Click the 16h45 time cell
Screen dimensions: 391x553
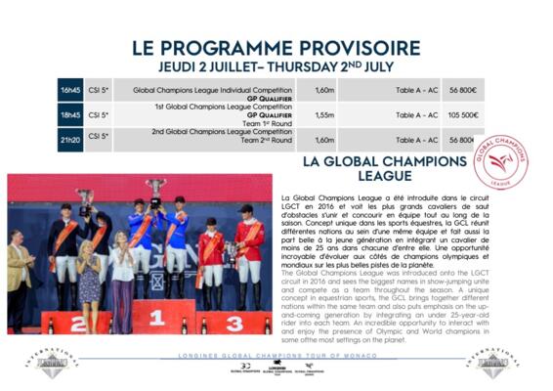click(x=70, y=90)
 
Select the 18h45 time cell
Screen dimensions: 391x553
click(x=70, y=115)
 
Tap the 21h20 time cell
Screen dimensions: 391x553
click(x=70, y=140)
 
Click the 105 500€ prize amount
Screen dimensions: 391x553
click(x=462, y=115)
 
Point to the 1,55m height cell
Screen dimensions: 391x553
click(x=324, y=115)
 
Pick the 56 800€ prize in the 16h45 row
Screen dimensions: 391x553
click(x=462, y=90)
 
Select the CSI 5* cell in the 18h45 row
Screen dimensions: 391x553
click(x=99, y=115)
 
